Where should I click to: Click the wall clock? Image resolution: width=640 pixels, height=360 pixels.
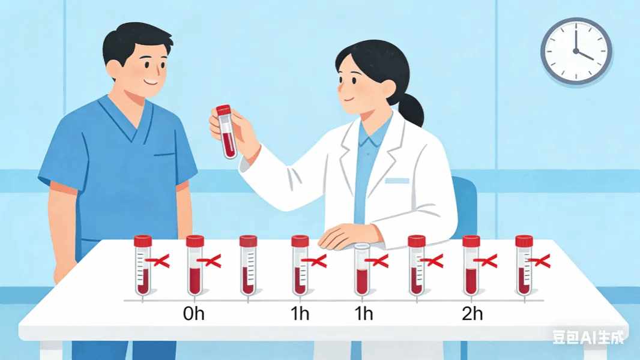576,52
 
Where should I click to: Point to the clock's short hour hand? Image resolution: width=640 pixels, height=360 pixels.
585,55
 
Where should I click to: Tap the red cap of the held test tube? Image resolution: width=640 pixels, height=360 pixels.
223,110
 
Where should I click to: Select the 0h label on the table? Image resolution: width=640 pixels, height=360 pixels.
193,314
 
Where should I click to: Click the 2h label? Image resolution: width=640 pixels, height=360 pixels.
472,314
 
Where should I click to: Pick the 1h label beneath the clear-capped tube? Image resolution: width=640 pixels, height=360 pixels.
364,314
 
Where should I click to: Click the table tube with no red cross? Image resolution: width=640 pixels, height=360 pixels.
248,265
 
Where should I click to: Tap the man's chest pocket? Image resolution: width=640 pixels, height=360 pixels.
165,155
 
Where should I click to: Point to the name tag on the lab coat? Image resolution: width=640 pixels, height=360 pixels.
397,181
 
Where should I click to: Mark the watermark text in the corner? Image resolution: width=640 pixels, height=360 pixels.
588,337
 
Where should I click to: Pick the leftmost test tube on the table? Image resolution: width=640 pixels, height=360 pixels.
143,265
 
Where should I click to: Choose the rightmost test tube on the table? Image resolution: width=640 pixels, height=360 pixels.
524,265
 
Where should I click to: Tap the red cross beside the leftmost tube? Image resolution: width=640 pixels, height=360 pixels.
158,261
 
